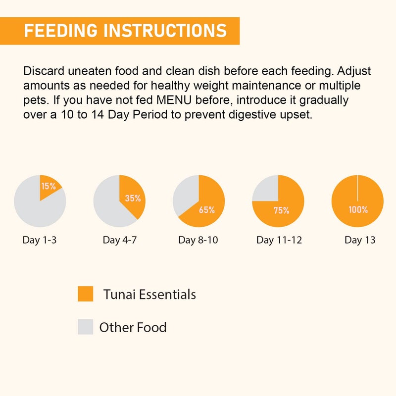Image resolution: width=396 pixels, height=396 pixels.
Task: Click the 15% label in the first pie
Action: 49,187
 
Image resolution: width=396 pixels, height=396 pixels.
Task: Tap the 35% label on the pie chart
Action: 133,198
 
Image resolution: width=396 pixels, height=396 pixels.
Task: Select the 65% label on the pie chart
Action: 206,210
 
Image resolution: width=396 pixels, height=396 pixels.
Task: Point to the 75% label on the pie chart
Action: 281,210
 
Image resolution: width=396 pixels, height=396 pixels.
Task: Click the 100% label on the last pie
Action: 358,210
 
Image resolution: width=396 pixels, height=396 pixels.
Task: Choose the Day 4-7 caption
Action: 119,241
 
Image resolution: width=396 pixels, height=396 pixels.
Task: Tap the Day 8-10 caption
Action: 198,241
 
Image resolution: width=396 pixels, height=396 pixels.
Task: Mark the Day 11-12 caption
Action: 279,241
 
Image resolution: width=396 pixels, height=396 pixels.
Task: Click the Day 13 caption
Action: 360,241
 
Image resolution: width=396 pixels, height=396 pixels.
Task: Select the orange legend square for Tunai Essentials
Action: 86,294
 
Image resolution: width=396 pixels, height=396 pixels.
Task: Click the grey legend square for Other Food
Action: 86,327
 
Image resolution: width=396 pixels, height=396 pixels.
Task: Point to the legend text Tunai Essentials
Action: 149,295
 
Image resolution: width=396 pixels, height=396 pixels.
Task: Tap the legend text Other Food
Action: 133,327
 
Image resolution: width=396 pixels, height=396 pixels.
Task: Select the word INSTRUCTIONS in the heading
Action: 166,30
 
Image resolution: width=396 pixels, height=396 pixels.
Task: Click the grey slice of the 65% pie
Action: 184,195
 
